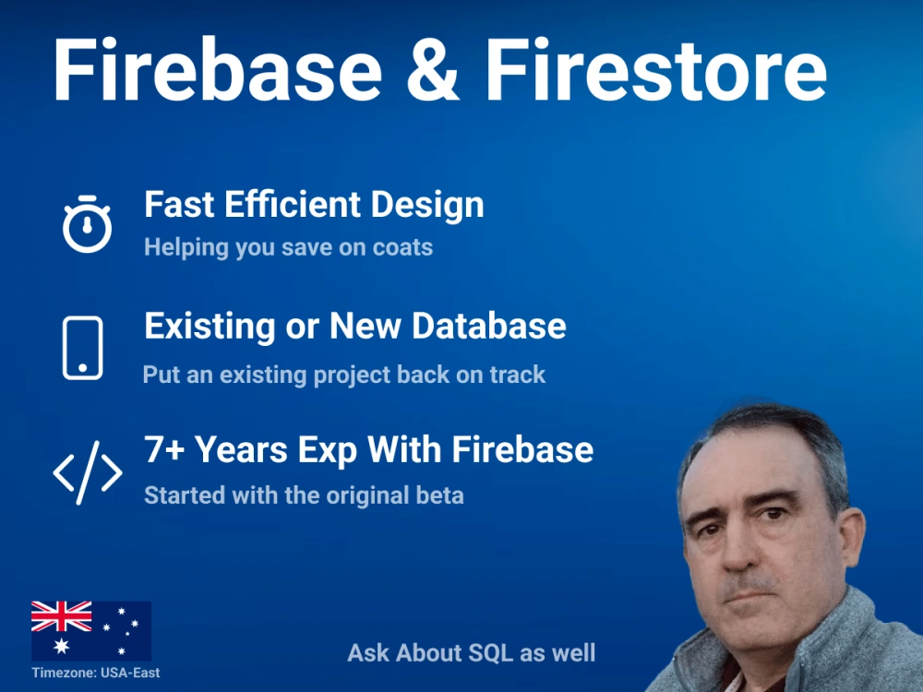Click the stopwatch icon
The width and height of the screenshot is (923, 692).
[87, 224]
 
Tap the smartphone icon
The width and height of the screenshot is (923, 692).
[83, 348]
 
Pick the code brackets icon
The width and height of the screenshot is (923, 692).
[87, 472]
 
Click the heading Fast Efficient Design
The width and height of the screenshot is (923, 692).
[314, 205]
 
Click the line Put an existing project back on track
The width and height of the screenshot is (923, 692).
[344, 375]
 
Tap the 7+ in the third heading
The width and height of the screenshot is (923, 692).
[165, 450]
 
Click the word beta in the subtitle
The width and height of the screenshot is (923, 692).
[439, 495]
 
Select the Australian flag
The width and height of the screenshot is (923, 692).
[90, 630]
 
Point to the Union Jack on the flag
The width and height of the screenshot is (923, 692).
[62, 616]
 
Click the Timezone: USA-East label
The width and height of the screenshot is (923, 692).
[95, 673]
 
